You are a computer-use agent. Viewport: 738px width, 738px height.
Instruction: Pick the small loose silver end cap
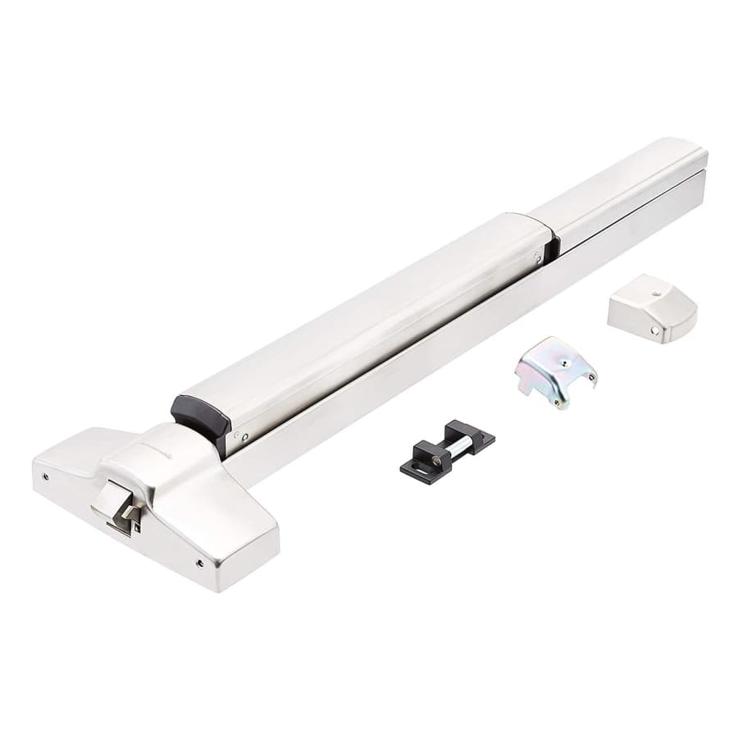pos(652,307)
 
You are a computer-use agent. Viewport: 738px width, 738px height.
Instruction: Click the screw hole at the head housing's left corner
pos(45,476)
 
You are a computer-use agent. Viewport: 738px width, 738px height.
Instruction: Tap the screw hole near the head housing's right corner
pos(200,563)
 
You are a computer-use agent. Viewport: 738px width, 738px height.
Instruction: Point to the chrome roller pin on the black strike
pos(461,444)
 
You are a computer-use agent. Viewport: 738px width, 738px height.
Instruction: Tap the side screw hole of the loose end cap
pos(654,330)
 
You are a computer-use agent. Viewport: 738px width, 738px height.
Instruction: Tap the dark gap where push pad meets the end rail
pos(554,243)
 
